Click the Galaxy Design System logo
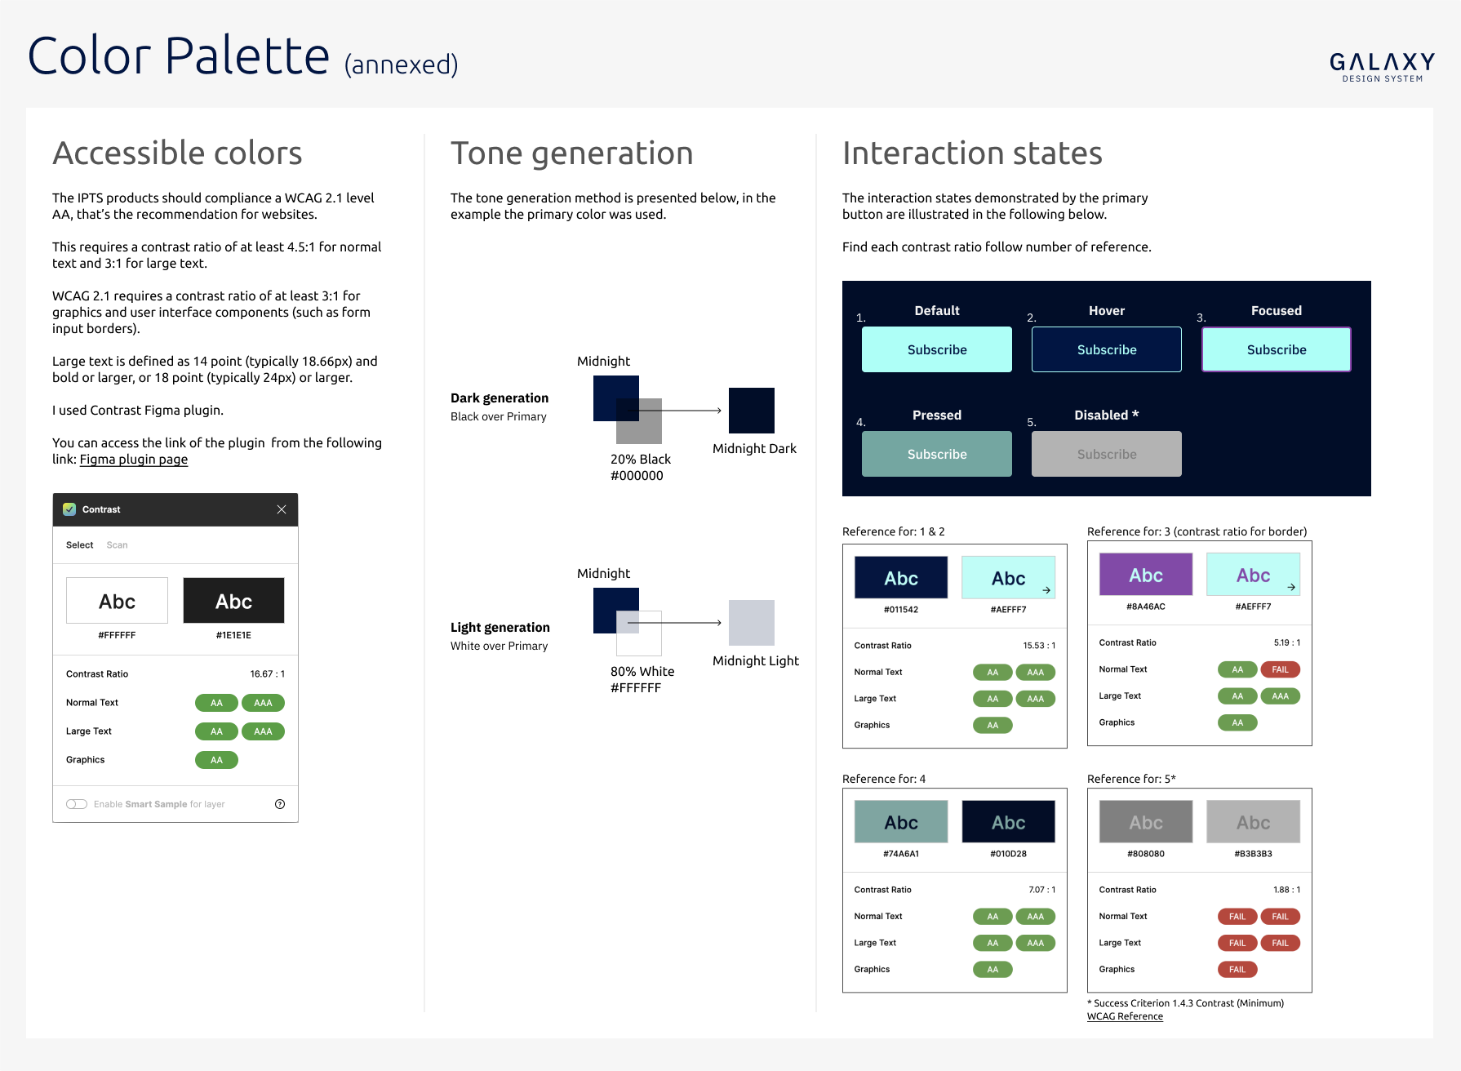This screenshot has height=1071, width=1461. (1382, 67)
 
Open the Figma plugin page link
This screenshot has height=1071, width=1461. (134, 460)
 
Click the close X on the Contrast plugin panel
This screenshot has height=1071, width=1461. (282, 509)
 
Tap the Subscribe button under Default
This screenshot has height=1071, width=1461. (937, 349)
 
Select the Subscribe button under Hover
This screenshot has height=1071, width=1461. (1107, 349)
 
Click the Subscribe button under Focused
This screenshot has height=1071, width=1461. (1277, 349)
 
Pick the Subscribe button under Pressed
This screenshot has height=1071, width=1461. (937, 454)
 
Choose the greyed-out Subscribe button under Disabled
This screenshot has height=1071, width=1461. (1107, 454)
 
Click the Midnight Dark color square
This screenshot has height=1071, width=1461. (752, 411)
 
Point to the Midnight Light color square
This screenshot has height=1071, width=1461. (752, 623)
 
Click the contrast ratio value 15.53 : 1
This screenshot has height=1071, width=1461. (1039, 646)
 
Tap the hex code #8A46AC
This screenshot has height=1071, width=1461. (1146, 607)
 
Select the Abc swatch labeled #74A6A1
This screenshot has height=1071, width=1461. (901, 822)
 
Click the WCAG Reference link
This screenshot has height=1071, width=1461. (1125, 1016)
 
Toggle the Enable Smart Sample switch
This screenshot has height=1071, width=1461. (77, 804)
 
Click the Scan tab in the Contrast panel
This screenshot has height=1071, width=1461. (117, 545)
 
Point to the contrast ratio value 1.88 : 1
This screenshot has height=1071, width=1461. (1286, 890)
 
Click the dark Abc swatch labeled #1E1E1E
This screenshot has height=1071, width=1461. (233, 601)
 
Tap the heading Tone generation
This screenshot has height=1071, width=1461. (572, 153)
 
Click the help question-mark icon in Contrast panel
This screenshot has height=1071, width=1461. (280, 804)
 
